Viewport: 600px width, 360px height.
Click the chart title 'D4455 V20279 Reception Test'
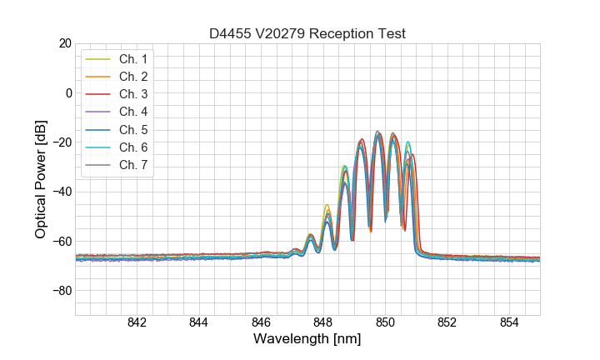307,34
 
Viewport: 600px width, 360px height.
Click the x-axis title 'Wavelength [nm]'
307,340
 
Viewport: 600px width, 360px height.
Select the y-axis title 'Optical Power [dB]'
41,179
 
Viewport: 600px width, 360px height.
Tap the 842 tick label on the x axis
137,323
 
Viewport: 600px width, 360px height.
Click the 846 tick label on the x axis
261,323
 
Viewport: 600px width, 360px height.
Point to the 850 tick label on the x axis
385,323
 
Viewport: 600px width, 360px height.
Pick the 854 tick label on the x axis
509,323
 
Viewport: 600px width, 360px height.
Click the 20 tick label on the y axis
63,43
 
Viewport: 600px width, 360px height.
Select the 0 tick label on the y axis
67,92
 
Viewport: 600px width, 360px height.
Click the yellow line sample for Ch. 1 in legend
98,59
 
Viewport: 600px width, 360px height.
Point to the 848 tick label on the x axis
323,323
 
